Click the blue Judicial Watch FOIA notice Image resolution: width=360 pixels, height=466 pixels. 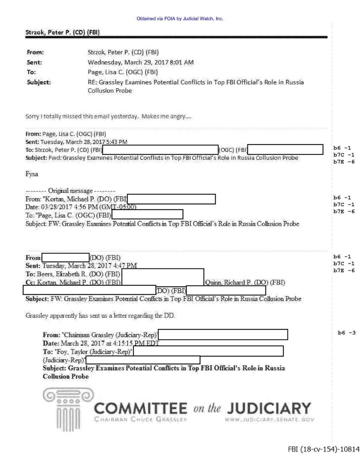pos(180,19)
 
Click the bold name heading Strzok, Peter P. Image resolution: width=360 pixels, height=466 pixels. pos(63,32)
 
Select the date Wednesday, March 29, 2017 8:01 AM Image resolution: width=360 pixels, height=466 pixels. pos(141,62)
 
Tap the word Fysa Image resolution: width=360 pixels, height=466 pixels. pos(32,174)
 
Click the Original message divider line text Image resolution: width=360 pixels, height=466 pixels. pos(70,191)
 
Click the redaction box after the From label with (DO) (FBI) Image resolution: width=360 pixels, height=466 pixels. pos(66,257)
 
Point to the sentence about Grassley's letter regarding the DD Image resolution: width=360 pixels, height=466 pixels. pos(100,315)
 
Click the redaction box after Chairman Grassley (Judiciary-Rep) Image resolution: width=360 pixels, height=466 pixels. pos(223,335)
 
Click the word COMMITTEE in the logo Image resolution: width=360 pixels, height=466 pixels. pos(141,408)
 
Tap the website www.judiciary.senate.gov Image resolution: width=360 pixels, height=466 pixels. pos(269,420)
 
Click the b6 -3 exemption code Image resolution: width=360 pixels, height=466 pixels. pos(346,333)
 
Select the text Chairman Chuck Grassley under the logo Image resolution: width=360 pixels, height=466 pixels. pos(141,420)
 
